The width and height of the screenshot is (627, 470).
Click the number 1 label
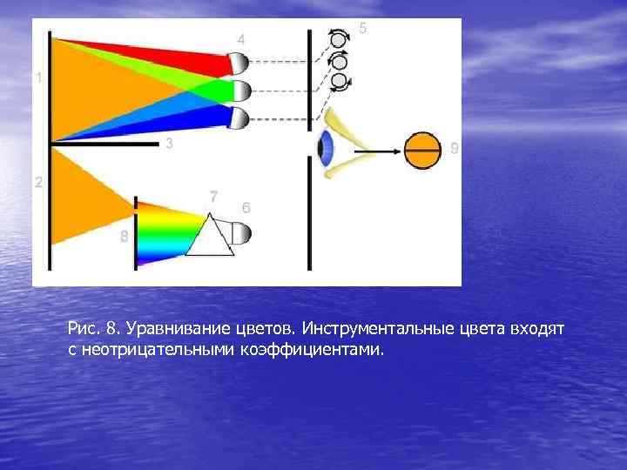[x=38, y=78]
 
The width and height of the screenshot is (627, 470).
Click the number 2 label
[x=38, y=183]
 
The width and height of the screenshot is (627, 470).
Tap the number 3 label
[x=168, y=144]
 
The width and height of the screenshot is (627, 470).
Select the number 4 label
[x=241, y=39]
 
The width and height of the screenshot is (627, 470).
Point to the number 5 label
[x=362, y=29]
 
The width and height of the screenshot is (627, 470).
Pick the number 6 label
[x=246, y=208]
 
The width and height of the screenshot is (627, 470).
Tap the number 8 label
[x=125, y=236]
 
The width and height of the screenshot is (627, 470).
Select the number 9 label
[x=455, y=149]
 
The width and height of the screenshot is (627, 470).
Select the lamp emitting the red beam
[x=239, y=63]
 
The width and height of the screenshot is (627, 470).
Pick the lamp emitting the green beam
[x=239, y=91]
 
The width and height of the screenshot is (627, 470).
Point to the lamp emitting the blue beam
[x=239, y=117]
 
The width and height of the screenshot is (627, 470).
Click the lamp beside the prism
[x=241, y=233]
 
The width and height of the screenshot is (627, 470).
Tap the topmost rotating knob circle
[x=339, y=39]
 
